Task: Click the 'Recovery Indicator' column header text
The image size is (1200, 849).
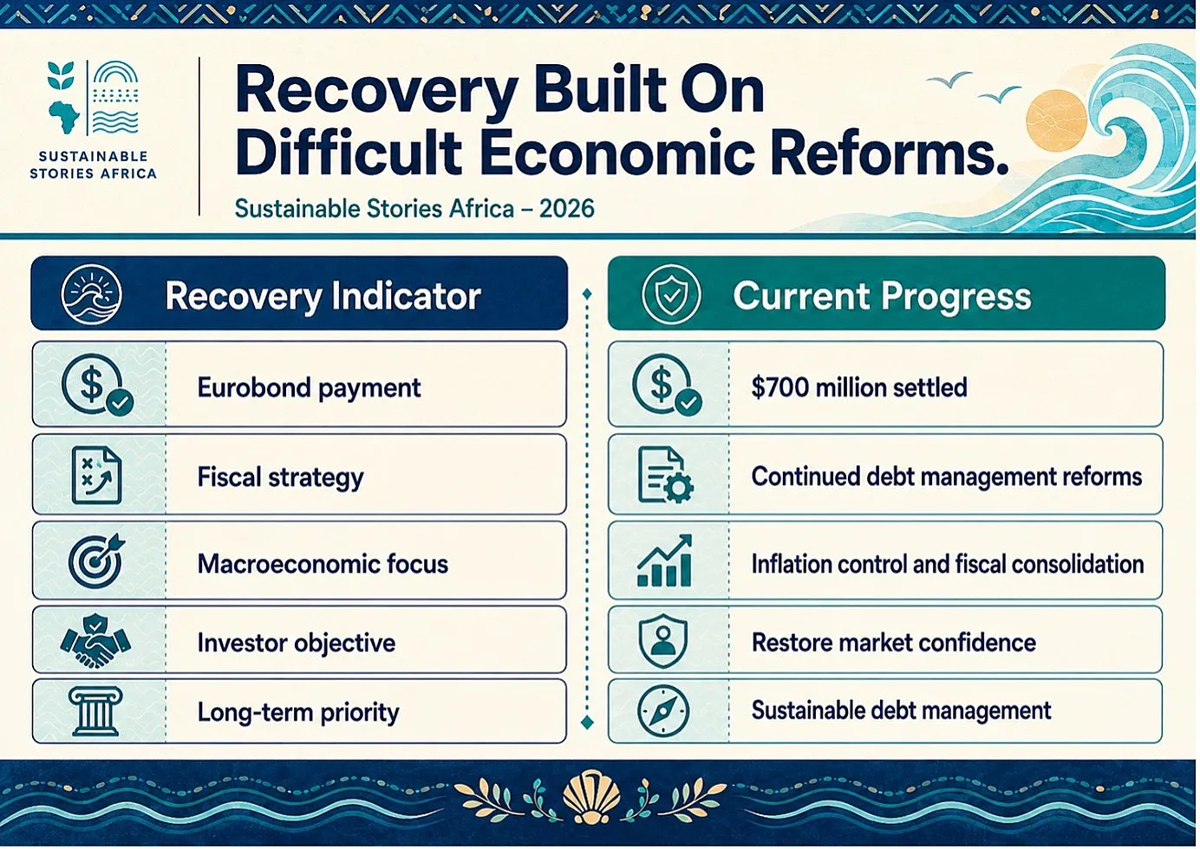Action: (323, 296)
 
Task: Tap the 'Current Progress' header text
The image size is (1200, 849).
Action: (882, 296)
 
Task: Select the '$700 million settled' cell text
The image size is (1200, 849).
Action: (859, 387)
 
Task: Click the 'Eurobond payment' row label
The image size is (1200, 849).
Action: (310, 388)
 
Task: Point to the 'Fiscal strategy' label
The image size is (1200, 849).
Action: (280, 477)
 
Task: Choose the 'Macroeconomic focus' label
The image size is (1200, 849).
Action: (323, 564)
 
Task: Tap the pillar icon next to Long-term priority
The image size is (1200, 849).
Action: (95, 712)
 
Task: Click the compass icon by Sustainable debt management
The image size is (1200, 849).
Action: (663, 711)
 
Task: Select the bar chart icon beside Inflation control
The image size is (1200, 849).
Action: (664, 561)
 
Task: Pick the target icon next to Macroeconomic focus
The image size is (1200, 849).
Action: (96, 561)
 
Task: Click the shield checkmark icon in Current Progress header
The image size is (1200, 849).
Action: (671, 295)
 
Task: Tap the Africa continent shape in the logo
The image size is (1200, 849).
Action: (64, 118)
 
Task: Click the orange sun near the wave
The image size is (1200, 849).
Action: (1056, 121)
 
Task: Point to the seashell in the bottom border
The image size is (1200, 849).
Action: (591, 796)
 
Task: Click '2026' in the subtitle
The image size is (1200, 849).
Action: (567, 209)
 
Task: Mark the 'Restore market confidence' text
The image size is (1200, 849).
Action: (894, 642)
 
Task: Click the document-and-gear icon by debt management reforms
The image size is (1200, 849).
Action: (665, 475)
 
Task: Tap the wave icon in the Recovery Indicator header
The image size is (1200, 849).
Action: (91, 294)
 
